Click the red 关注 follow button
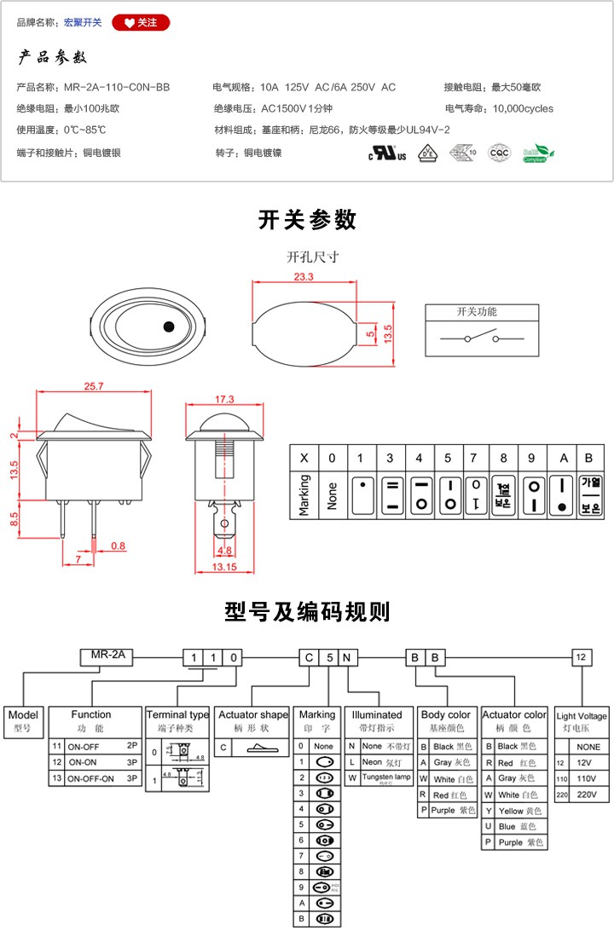pos(141,22)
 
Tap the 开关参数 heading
pos(307,220)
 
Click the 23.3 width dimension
pos(304,277)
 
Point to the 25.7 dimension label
pos(94,386)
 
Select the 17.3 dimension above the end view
pos(225,399)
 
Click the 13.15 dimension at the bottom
pos(223,568)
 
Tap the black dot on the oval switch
pos(168,326)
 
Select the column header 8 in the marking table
pos(503,459)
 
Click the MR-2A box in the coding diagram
pos(107,656)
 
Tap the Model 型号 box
pos(23,721)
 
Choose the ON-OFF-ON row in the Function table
pos(96,778)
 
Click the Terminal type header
pos(177,714)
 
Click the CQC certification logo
pos(499,153)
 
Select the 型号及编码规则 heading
pos(307,611)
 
